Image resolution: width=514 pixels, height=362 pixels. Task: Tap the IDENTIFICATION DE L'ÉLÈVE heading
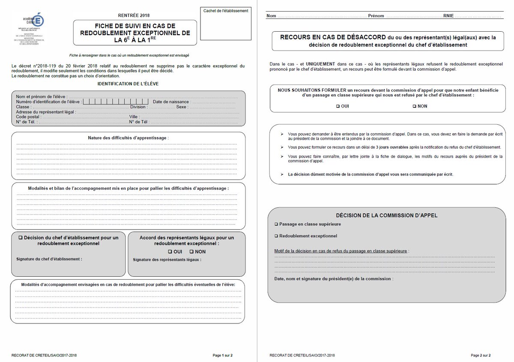128,84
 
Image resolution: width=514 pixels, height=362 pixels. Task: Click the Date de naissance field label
170,102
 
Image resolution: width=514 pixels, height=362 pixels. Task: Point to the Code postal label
28,117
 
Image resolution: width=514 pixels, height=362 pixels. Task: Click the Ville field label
134,117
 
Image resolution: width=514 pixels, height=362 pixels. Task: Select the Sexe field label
181,107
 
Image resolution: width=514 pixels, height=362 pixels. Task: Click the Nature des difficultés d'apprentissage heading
128,138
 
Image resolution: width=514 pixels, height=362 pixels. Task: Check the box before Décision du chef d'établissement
20,237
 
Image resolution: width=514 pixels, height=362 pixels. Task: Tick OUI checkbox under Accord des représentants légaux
170,251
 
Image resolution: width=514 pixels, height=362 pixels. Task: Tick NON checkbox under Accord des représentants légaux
191,251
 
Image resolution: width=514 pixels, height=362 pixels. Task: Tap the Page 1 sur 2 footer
222,355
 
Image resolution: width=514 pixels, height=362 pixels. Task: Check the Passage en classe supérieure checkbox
276,224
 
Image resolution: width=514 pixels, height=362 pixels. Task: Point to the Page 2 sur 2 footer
481,355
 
